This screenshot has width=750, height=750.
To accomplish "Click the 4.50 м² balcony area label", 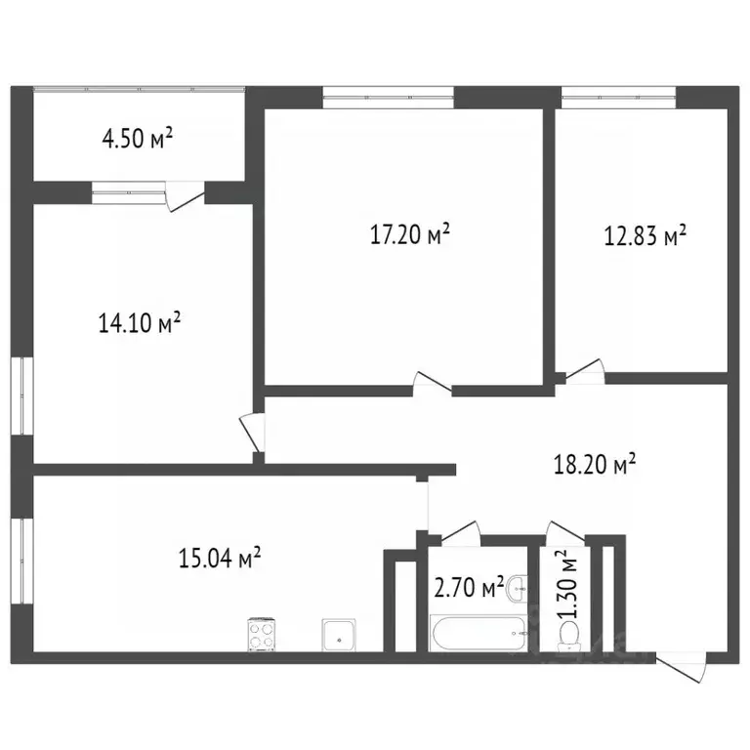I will point(138,139).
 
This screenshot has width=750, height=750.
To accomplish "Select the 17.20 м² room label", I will point(410,234).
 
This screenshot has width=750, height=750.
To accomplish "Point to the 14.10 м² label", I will point(141,323).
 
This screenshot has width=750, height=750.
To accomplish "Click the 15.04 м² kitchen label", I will point(220,559).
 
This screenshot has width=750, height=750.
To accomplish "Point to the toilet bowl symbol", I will point(565,636).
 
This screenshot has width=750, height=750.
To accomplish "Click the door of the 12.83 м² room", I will point(586,371).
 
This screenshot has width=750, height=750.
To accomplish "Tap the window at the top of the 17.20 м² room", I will point(388,96).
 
